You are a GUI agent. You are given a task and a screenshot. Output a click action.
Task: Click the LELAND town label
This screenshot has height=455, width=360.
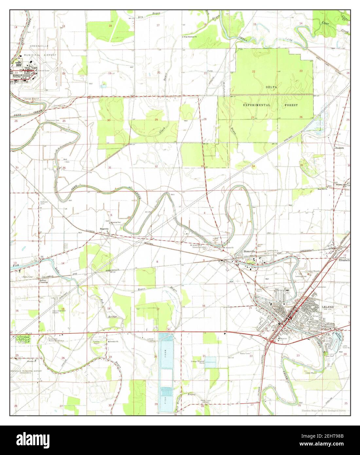[x=328, y=307]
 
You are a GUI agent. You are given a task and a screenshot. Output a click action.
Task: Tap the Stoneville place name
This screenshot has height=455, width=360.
[x=249, y=251]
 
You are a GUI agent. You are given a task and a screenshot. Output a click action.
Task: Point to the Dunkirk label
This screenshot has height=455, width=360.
[x=339, y=148]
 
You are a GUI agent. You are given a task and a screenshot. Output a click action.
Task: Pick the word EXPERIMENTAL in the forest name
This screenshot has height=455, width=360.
[x=257, y=105]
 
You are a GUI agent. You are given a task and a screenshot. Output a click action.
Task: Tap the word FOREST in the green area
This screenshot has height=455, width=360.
[x=289, y=105]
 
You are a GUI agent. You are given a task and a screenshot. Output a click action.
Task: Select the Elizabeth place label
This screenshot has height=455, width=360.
[x=344, y=260]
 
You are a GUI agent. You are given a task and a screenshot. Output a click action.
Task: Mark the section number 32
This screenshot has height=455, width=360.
[x=156, y=167]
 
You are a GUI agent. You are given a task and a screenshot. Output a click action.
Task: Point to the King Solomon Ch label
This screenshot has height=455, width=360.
[x=192, y=37]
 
